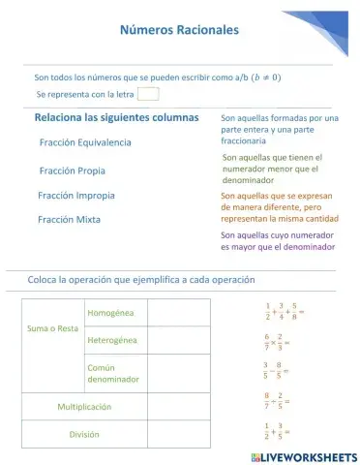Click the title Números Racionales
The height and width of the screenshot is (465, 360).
pos(179,30)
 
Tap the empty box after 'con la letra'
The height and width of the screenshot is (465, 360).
pos(148,94)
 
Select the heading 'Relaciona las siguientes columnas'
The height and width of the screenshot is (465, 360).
pos(116,118)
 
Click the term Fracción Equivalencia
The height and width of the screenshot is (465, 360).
pos(85,142)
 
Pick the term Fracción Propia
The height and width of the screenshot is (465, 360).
pos(73,170)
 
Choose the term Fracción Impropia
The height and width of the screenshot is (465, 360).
pos(76,195)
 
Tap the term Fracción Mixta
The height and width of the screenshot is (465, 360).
pos(69,220)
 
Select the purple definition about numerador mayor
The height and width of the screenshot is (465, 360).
pos(278,240)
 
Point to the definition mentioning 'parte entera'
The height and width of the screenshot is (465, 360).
pos(279,129)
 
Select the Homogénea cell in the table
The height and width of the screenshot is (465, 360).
pos(111,313)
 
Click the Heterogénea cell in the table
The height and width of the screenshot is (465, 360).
pos(112,340)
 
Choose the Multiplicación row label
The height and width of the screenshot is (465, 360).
pos(84,407)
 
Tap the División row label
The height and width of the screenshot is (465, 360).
pos(84,434)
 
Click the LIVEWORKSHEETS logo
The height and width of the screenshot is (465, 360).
pos(302,456)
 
